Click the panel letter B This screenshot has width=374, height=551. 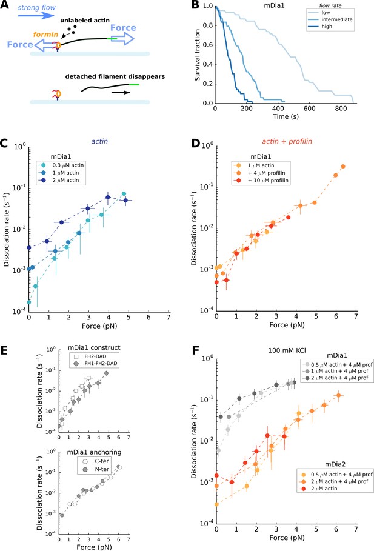[x=195, y=5]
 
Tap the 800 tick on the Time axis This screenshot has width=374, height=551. [x=340, y=109]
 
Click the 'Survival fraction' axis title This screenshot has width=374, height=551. [x=197, y=55]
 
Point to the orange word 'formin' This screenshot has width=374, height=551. [x=45, y=35]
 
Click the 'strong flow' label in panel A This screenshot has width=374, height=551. [x=36, y=7]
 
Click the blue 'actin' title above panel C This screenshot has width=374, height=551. [x=99, y=142]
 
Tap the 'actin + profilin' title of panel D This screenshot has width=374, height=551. [x=287, y=142]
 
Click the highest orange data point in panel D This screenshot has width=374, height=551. [x=343, y=167]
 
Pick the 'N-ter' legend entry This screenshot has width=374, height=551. [x=101, y=469]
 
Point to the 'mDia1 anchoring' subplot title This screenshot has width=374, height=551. [x=94, y=452]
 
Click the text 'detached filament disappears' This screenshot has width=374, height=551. [x=115, y=76]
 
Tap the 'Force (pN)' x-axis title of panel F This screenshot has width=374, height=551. [x=287, y=538]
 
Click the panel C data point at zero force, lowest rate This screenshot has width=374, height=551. [x=29, y=302]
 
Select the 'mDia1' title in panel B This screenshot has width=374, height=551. [x=274, y=6]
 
